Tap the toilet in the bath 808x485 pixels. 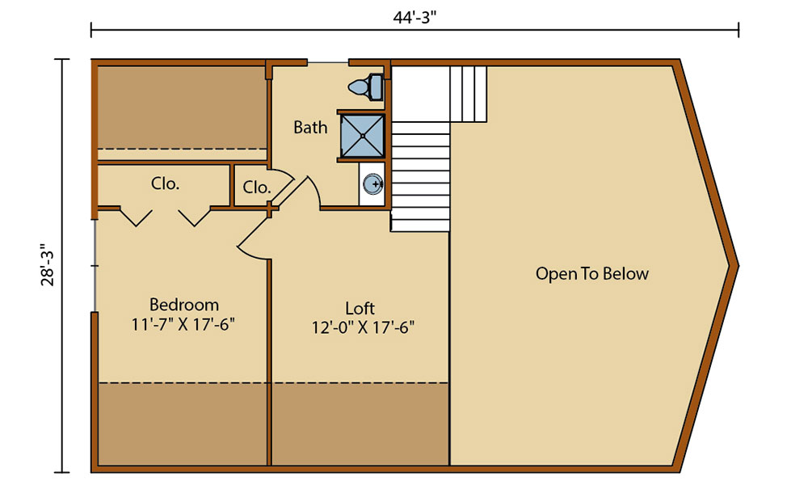[x=368, y=86]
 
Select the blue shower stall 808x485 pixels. [x=361, y=134]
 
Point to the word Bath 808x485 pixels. [x=310, y=127]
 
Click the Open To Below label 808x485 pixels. [x=591, y=274]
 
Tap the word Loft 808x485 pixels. [x=360, y=308]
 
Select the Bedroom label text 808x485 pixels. [x=184, y=305]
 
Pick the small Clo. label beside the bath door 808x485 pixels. [x=256, y=187]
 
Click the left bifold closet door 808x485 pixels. [x=134, y=217]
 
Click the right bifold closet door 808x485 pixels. [x=194, y=217]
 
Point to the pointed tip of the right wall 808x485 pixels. [x=735, y=265]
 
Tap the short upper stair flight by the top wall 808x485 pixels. [x=469, y=93]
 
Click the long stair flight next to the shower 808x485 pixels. [x=420, y=174]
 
